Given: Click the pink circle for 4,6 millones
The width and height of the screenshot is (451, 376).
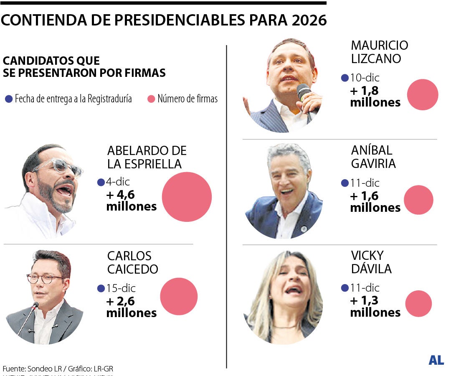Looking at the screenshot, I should point(187,197).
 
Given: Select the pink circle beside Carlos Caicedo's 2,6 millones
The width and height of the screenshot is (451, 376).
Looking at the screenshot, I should point(179,296).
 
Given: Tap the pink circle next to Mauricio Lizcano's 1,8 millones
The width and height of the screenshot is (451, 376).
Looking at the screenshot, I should point(422,95).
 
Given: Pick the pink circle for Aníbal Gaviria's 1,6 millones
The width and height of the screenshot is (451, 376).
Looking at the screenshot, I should point(419,200).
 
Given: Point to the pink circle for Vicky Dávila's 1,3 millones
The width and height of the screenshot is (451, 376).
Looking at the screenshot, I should point(418,304).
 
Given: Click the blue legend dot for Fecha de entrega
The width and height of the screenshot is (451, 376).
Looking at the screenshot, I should point(9,99).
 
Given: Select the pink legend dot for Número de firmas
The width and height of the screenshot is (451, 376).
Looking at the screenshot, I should point(151,99).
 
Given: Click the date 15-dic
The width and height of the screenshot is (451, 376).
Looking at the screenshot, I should point(122,288).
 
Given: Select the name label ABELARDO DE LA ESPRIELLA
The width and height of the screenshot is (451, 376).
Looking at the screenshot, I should point(147,157).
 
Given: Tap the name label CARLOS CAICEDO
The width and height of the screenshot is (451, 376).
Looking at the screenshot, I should point(132,262).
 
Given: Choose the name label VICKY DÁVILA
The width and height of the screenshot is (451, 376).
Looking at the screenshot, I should point(371,262).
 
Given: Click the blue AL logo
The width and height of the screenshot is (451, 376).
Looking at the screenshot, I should point(436,360).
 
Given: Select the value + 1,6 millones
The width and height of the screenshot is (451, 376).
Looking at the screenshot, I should point(375,201).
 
